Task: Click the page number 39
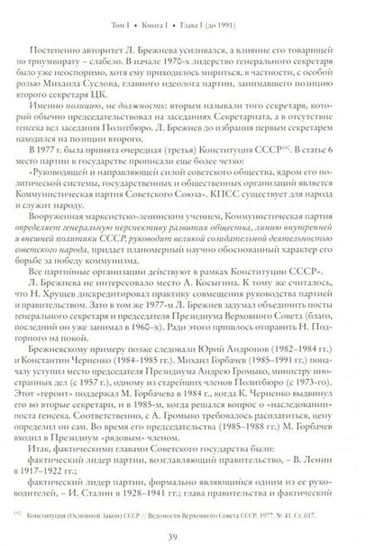click(187, 525)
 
